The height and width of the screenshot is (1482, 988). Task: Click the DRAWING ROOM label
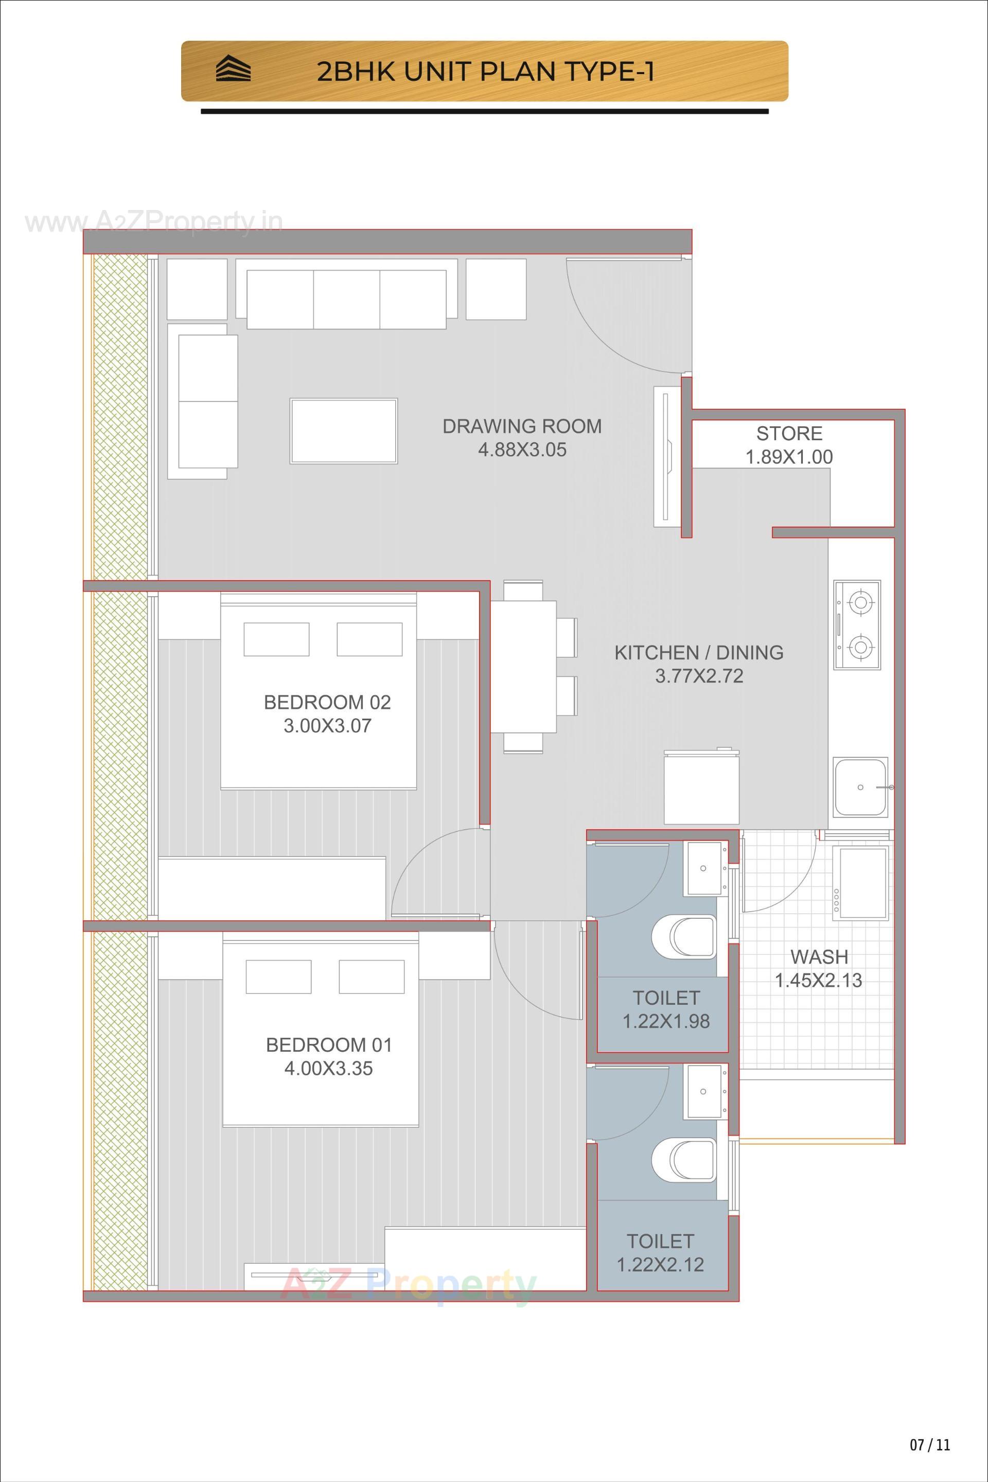522,427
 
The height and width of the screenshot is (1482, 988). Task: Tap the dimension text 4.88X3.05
522,450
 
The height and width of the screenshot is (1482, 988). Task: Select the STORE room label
789,434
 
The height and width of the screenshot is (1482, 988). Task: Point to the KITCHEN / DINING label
699,652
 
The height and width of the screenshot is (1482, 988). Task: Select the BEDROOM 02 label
327,702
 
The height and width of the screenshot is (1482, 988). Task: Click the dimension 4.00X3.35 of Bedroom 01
328,1069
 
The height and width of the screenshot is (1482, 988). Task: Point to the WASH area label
819,957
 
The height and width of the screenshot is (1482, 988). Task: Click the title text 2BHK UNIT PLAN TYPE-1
485,72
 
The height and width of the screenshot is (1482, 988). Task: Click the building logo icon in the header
233,69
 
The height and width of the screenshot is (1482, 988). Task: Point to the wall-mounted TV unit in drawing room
666,457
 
